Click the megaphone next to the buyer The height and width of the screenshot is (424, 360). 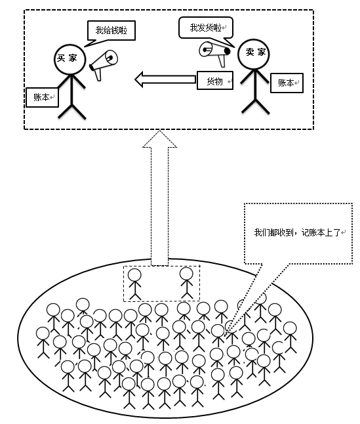click(x=104, y=64)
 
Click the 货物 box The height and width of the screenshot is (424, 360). click(x=215, y=80)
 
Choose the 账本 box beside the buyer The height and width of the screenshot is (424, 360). click(x=42, y=97)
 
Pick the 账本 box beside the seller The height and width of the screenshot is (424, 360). click(x=287, y=83)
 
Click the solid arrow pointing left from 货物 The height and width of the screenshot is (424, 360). click(x=165, y=79)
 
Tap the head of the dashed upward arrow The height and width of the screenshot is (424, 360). click(x=159, y=140)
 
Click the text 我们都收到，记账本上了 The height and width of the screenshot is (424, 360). click(x=297, y=232)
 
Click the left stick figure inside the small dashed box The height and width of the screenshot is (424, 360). click(x=134, y=284)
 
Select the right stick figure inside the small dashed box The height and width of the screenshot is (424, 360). click(x=187, y=283)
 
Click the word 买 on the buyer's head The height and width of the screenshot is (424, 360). click(x=61, y=58)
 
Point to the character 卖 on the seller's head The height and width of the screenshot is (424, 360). click(x=250, y=52)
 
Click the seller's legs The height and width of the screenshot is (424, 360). click(x=255, y=106)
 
